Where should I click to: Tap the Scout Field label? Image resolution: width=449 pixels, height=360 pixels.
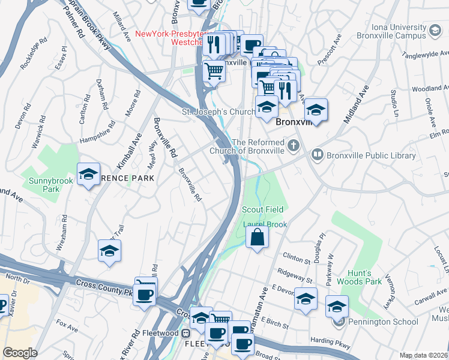tap(262, 209)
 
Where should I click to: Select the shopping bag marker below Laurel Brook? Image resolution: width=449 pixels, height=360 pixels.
tap(257, 237)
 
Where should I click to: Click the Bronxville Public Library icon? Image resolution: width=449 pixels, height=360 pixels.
tap(317, 155)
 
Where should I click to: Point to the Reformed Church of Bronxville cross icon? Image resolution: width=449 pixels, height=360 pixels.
tap(293, 145)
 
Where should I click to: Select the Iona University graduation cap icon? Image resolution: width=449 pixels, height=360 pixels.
tap(434, 30)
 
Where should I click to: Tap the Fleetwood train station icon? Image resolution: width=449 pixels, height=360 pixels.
tap(186, 333)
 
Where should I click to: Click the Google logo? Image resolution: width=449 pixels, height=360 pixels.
tap(19, 353)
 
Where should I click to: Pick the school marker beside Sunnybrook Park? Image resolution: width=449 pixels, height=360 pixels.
tap(88, 175)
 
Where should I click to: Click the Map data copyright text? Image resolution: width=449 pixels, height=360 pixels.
tap(423, 355)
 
